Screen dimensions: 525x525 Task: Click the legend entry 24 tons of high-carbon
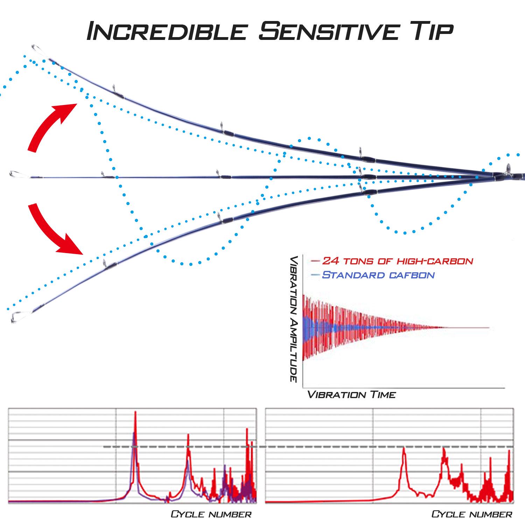pos(392,261)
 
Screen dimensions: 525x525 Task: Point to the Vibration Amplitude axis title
pos(294,319)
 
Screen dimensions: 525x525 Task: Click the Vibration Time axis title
pos(351,395)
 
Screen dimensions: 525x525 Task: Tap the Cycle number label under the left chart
pos(211,514)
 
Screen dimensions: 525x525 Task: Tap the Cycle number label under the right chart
pos(471,514)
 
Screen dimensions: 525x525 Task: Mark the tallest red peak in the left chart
pos(135,413)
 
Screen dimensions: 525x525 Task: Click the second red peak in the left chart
pos(188,435)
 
